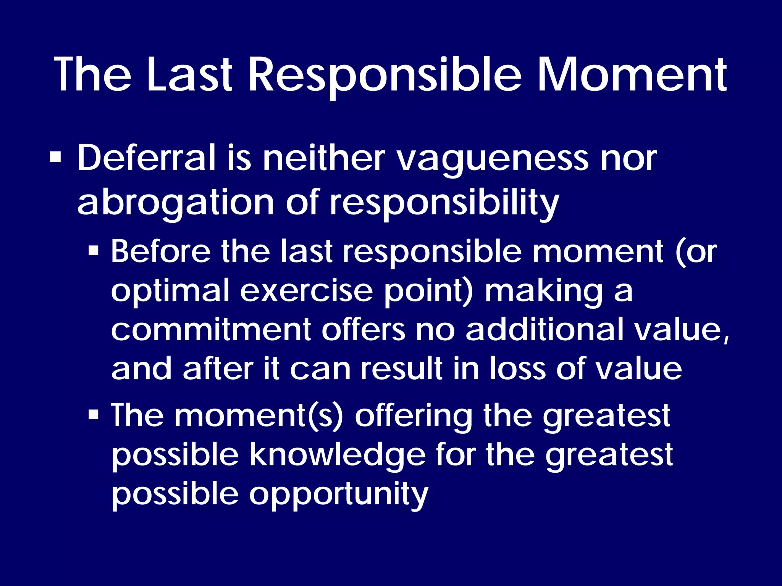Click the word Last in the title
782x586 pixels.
point(189,74)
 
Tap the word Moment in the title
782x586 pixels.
point(632,74)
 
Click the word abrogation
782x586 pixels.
point(175,203)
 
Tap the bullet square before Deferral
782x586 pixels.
point(55,158)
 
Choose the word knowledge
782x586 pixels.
point(338,456)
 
